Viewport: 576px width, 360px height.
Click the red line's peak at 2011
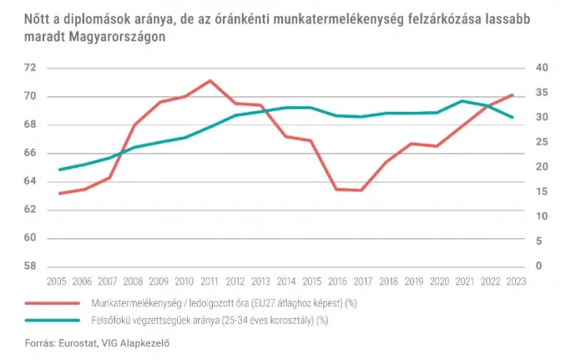coord(210,80)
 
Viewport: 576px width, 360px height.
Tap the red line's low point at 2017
coord(361,190)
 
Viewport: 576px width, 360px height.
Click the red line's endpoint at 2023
coord(512,95)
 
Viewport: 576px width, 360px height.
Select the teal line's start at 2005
coord(59,170)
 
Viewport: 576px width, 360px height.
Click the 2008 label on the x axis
coord(134,283)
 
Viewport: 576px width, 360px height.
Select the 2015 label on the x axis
coord(311,283)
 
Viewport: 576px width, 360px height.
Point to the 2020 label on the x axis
coord(437,283)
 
